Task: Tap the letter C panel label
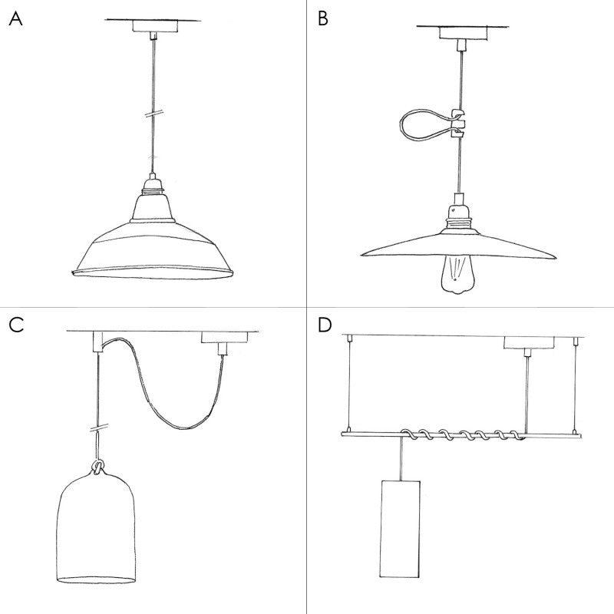point(16,325)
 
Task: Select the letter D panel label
point(325,325)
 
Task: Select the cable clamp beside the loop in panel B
point(458,121)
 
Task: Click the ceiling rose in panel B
point(458,32)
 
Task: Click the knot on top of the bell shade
point(98,467)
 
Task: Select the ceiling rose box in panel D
point(527,343)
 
